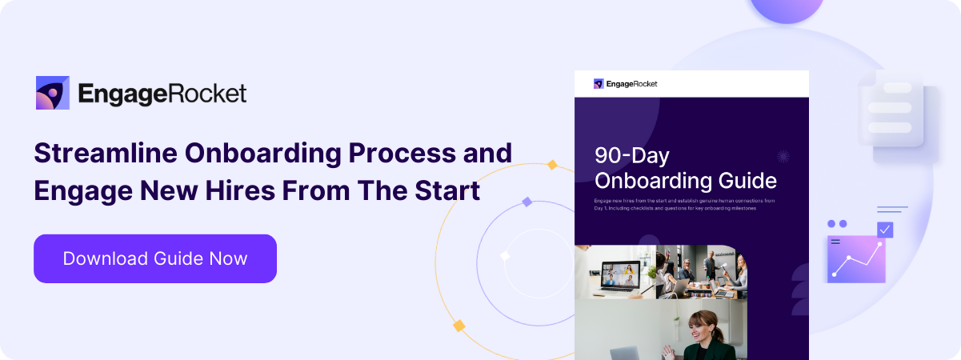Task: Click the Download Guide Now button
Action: pos(155,258)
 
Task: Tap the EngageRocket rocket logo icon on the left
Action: pos(54,93)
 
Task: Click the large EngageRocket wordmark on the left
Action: pos(162,94)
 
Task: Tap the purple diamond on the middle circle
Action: pos(527,202)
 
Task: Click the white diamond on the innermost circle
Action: pos(505,256)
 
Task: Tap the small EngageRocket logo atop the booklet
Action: pos(625,83)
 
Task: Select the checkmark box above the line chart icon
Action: pos(884,230)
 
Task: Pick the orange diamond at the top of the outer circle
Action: pos(551,165)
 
